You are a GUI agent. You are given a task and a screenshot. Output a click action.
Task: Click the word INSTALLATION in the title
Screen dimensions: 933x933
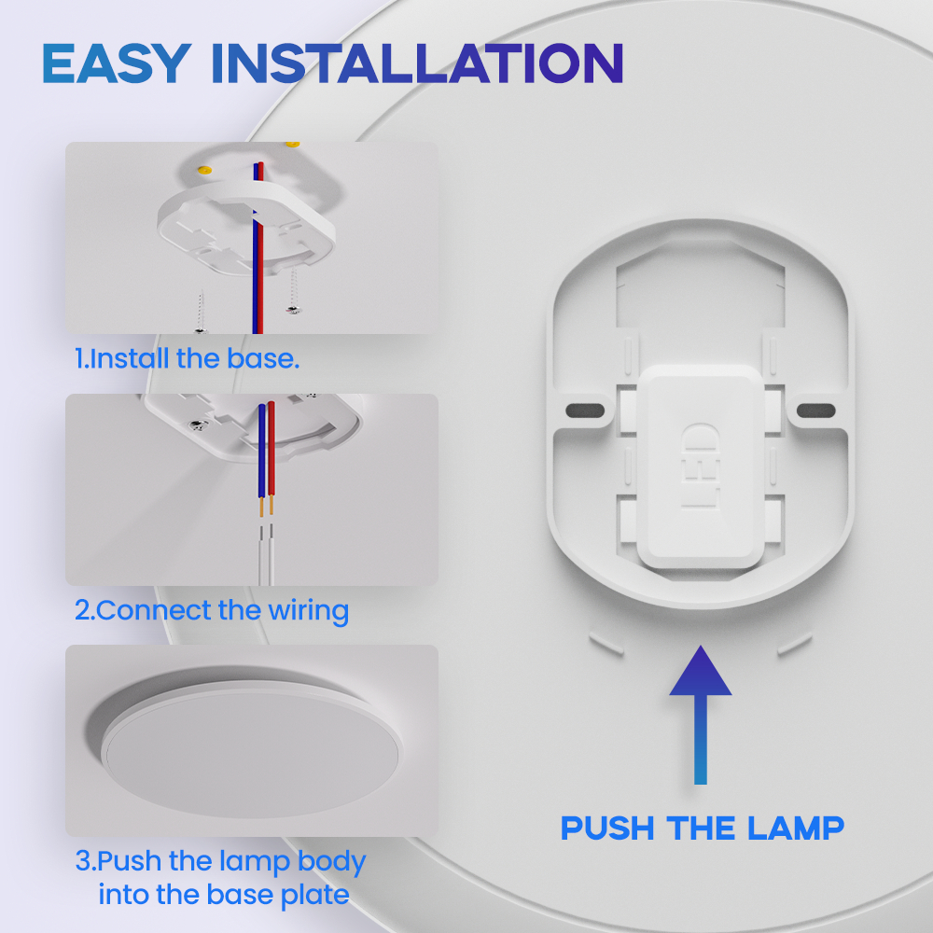click(x=417, y=63)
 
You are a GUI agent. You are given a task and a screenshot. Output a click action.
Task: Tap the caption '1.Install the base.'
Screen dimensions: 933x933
click(x=187, y=359)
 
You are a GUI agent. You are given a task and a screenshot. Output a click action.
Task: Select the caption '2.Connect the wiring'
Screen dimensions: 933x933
click(x=211, y=611)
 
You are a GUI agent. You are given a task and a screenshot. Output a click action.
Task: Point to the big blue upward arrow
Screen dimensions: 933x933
click(x=701, y=715)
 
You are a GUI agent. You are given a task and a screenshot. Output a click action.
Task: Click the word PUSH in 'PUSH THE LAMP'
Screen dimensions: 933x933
click(x=607, y=828)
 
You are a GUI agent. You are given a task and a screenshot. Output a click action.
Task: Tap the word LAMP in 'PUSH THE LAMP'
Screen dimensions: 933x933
click(x=796, y=828)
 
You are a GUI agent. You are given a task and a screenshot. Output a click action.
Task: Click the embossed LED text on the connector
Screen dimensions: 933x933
click(x=701, y=466)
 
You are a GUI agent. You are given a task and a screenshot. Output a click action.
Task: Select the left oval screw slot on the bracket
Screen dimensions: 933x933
click(x=585, y=410)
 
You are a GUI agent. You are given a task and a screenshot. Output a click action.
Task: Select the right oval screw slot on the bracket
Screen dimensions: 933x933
click(x=815, y=410)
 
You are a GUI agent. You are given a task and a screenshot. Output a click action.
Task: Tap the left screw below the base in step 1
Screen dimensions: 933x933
click(x=201, y=312)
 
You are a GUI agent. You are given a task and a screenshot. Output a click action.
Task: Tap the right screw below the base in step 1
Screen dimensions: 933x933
click(x=293, y=291)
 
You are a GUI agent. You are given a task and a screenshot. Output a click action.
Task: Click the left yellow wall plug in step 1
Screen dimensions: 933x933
click(x=204, y=170)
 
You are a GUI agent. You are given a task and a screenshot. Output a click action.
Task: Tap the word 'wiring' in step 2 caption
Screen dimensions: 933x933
click(x=308, y=611)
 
